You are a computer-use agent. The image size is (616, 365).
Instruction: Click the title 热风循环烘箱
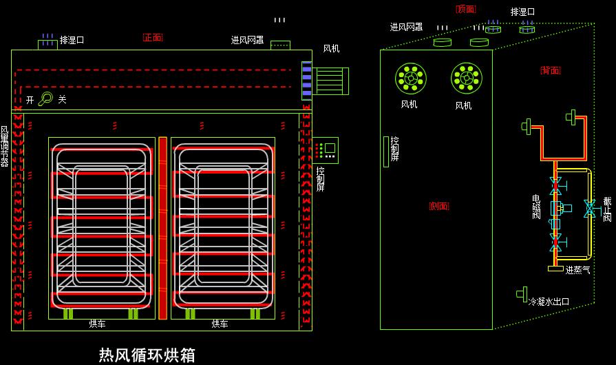147,355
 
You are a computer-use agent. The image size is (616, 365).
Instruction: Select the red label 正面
153,37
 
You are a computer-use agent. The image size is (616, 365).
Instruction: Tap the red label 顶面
465,9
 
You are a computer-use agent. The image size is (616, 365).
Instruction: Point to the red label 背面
551,70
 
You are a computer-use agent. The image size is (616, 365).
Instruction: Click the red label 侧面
439,206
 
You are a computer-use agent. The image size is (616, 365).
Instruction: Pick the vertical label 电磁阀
536,207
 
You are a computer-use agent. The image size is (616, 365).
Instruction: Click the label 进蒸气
578,270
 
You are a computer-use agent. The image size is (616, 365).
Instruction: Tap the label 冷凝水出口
549,302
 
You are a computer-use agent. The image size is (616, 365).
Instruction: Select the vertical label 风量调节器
4,146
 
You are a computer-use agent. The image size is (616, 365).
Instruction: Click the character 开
30,100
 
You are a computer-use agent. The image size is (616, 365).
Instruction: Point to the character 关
62,100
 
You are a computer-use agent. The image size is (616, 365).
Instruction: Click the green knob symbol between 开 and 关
45,99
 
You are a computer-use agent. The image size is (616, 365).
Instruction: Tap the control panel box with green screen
326,149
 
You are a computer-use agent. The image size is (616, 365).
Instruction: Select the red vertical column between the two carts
163,228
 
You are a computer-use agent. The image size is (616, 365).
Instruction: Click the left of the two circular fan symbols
410,79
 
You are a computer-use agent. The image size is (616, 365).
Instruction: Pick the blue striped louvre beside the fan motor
306,81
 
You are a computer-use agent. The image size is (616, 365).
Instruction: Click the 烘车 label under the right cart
220,324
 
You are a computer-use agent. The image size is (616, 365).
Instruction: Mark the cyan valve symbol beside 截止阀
589,209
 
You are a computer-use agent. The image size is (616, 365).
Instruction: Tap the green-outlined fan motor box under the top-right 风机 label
330,81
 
